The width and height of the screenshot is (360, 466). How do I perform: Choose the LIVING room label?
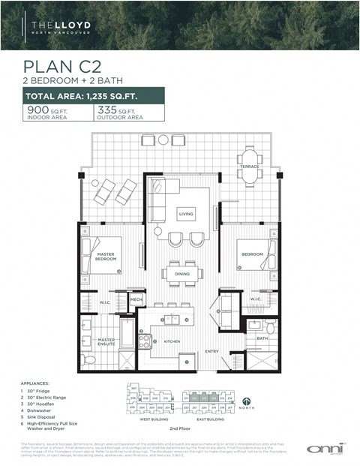point(185,214)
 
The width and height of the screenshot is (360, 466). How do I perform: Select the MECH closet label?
point(136,299)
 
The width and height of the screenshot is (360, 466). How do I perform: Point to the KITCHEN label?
point(172,341)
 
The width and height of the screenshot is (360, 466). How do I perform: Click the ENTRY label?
point(211,350)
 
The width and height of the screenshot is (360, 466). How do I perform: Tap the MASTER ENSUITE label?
point(105,342)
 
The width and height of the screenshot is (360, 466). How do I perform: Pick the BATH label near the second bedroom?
point(262,338)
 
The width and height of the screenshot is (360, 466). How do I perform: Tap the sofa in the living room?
point(158,197)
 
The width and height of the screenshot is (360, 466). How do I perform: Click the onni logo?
point(321,448)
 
